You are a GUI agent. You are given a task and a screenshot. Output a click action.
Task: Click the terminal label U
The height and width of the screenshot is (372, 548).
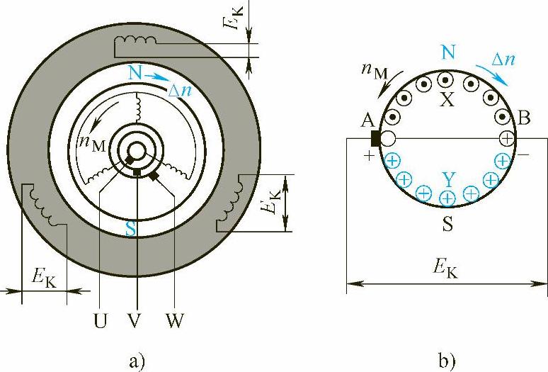click(x=100, y=320)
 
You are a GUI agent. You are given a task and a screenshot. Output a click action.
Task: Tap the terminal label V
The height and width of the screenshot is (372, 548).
click(x=135, y=320)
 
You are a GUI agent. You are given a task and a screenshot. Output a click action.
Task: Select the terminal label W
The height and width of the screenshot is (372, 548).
click(x=174, y=320)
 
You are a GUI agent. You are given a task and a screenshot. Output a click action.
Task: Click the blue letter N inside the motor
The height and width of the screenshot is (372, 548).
click(x=135, y=74)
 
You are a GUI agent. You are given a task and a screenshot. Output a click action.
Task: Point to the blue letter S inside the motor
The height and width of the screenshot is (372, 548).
click(x=130, y=229)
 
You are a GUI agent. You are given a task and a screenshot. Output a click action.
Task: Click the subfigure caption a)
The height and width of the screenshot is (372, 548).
click(x=136, y=361)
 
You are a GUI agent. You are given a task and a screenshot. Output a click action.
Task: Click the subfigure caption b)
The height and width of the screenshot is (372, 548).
click(x=447, y=361)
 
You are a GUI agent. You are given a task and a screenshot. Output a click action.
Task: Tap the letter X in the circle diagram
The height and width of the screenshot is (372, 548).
click(x=447, y=99)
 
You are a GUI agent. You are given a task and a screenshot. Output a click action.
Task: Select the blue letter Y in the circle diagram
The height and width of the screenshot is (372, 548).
click(x=448, y=180)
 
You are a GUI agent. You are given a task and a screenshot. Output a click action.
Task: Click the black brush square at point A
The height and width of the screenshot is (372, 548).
click(x=375, y=138)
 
